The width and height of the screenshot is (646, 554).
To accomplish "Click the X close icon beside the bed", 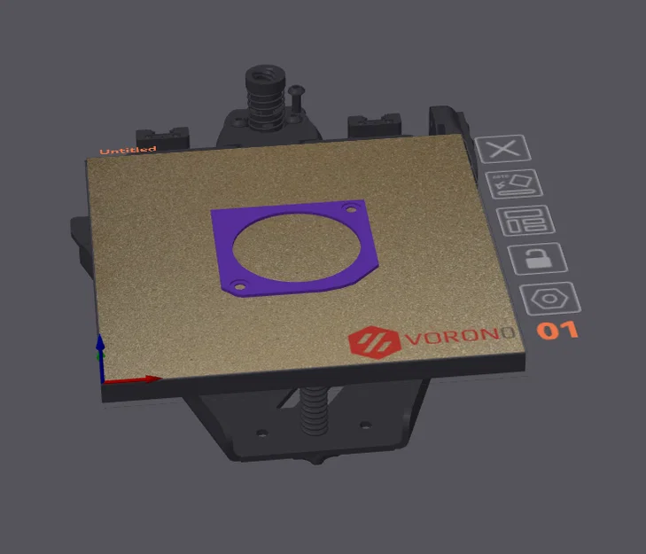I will click(x=503, y=148).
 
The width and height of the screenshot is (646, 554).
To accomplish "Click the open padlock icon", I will click(x=536, y=259).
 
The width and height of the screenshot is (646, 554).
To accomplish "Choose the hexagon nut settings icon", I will click(x=549, y=300).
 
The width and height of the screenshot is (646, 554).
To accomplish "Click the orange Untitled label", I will click(x=128, y=151).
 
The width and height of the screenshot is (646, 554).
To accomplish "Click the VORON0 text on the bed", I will click(x=460, y=339).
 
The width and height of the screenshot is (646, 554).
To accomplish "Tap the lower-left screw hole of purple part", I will click(x=237, y=287).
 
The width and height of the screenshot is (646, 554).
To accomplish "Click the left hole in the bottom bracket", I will click(x=261, y=434).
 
